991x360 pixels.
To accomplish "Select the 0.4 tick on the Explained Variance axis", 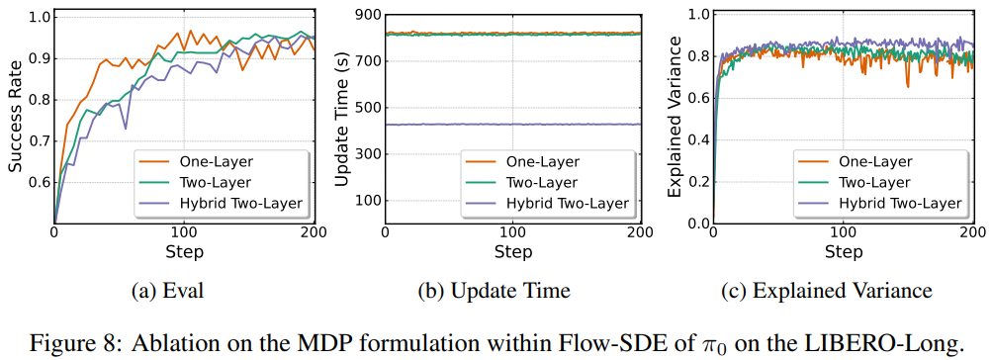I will click(x=698, y=139).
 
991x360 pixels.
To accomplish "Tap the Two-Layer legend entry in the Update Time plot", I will click(x=542, y=182).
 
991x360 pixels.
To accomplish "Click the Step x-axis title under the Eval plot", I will click(x=184, y=251).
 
